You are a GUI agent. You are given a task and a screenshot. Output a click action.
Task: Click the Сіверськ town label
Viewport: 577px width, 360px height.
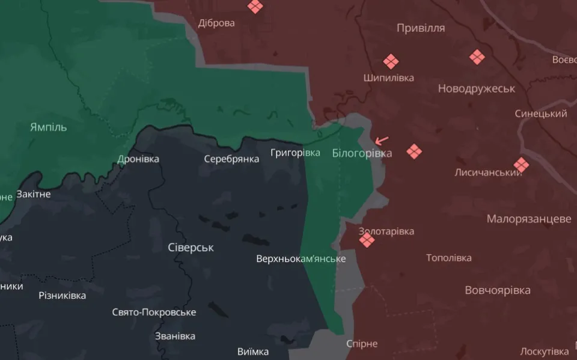tap(191, 248)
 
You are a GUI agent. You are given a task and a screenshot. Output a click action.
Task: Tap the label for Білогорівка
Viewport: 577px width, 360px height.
tap(362, 153)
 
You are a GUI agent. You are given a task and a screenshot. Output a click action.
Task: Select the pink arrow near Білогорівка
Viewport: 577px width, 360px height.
tap(381, 141)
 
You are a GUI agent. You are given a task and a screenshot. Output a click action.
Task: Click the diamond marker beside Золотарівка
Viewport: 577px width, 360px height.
tap(367, 240)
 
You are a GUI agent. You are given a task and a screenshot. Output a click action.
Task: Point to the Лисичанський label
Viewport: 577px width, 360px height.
tap(488, 172)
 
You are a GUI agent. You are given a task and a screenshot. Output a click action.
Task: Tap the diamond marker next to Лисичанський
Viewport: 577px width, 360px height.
tap(521, 165)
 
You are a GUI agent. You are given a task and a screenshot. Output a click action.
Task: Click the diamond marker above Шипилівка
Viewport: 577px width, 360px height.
tap(391, 61)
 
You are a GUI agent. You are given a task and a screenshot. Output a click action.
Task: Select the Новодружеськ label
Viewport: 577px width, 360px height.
tap(476, 88)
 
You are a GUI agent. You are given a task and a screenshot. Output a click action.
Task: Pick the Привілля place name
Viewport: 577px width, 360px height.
tap(421, 28)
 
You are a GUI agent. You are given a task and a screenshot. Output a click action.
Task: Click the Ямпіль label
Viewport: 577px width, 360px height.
tap(48, 127)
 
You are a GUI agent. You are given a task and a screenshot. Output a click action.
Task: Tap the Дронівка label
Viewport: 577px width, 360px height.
tap(138, 159)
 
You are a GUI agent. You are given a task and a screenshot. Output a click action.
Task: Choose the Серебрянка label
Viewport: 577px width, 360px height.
tap(231, 159)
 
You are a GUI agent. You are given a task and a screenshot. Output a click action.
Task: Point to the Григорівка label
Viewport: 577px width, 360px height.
tap(295, 153)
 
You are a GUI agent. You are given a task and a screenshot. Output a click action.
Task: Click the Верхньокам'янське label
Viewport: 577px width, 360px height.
tap(301, 259)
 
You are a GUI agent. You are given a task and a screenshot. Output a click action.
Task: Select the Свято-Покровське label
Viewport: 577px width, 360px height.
tap(154, 312)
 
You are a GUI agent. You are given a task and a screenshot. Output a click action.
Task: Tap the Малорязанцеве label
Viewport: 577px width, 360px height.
tap(529, 219)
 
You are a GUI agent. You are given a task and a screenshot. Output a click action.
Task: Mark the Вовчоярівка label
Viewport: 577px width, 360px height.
tap(498, 290)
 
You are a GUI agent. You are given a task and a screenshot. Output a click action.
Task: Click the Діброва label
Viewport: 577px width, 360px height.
tap(216, 23)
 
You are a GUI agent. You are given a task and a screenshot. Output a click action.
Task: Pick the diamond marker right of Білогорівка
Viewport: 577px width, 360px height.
tap(414, 151)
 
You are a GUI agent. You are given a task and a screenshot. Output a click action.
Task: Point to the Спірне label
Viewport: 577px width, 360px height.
tap(362, 344)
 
